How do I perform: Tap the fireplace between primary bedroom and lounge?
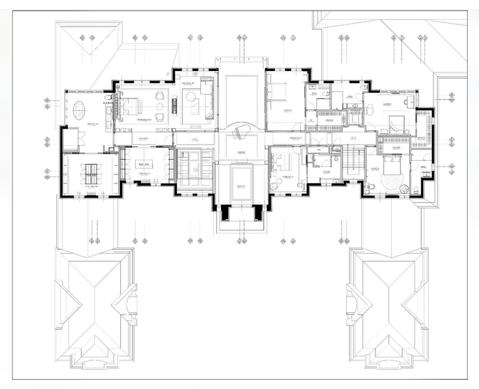tap(175, 105)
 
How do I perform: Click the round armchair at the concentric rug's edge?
tap(404, 189)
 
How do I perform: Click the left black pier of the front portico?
tap(225, 212)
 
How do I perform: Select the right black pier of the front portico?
tap(258, 212)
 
